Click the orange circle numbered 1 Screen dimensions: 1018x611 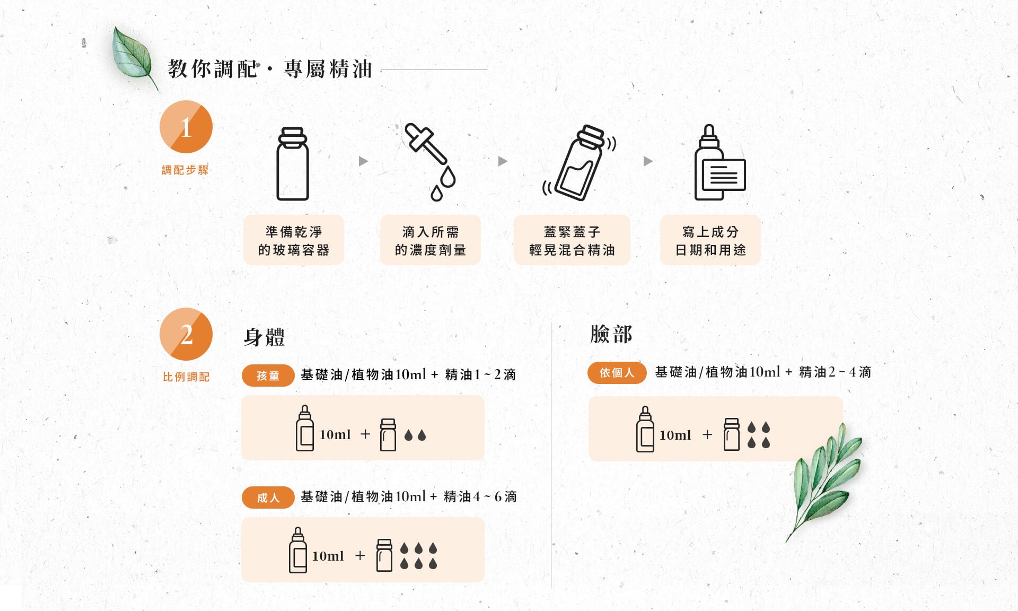[186, 127]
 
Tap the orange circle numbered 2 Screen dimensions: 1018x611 [186, 334]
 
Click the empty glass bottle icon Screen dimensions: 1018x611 [293, 163]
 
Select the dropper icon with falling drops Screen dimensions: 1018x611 [431, 162]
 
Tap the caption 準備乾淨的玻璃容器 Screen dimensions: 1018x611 [294, 240]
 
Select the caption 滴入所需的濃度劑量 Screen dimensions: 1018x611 [431, 240]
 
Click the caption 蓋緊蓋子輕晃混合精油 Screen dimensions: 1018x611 [572, 240]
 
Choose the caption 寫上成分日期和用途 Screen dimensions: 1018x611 [710, 240]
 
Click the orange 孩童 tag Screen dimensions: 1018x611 [268, 376]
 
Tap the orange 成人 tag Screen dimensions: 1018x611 [268, 497]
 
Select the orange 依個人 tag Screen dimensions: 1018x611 [617, 373]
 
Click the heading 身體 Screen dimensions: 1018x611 [264, 337]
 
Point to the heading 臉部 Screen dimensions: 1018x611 [611, 334]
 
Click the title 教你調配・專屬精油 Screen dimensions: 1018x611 [270, 69]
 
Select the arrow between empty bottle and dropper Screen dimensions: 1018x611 [363, 161]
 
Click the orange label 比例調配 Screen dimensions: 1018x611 [186, 377]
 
